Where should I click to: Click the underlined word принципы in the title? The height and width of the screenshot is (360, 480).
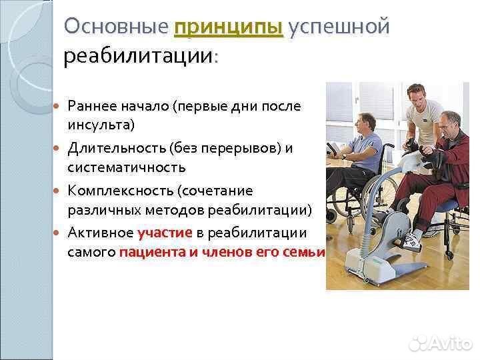click(228, 28)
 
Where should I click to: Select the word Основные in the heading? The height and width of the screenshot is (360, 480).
click(115, 27)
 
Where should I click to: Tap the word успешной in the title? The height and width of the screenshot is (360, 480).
click(338, 28)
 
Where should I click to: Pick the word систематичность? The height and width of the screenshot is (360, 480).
click(126, 167)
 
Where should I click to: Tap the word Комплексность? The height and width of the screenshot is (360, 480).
click(119, 191)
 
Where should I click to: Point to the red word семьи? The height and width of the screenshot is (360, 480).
click(307, 253)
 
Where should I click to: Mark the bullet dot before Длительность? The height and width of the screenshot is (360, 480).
click(57, 148)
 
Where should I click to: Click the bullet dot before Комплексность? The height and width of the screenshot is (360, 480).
click(57, 191)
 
